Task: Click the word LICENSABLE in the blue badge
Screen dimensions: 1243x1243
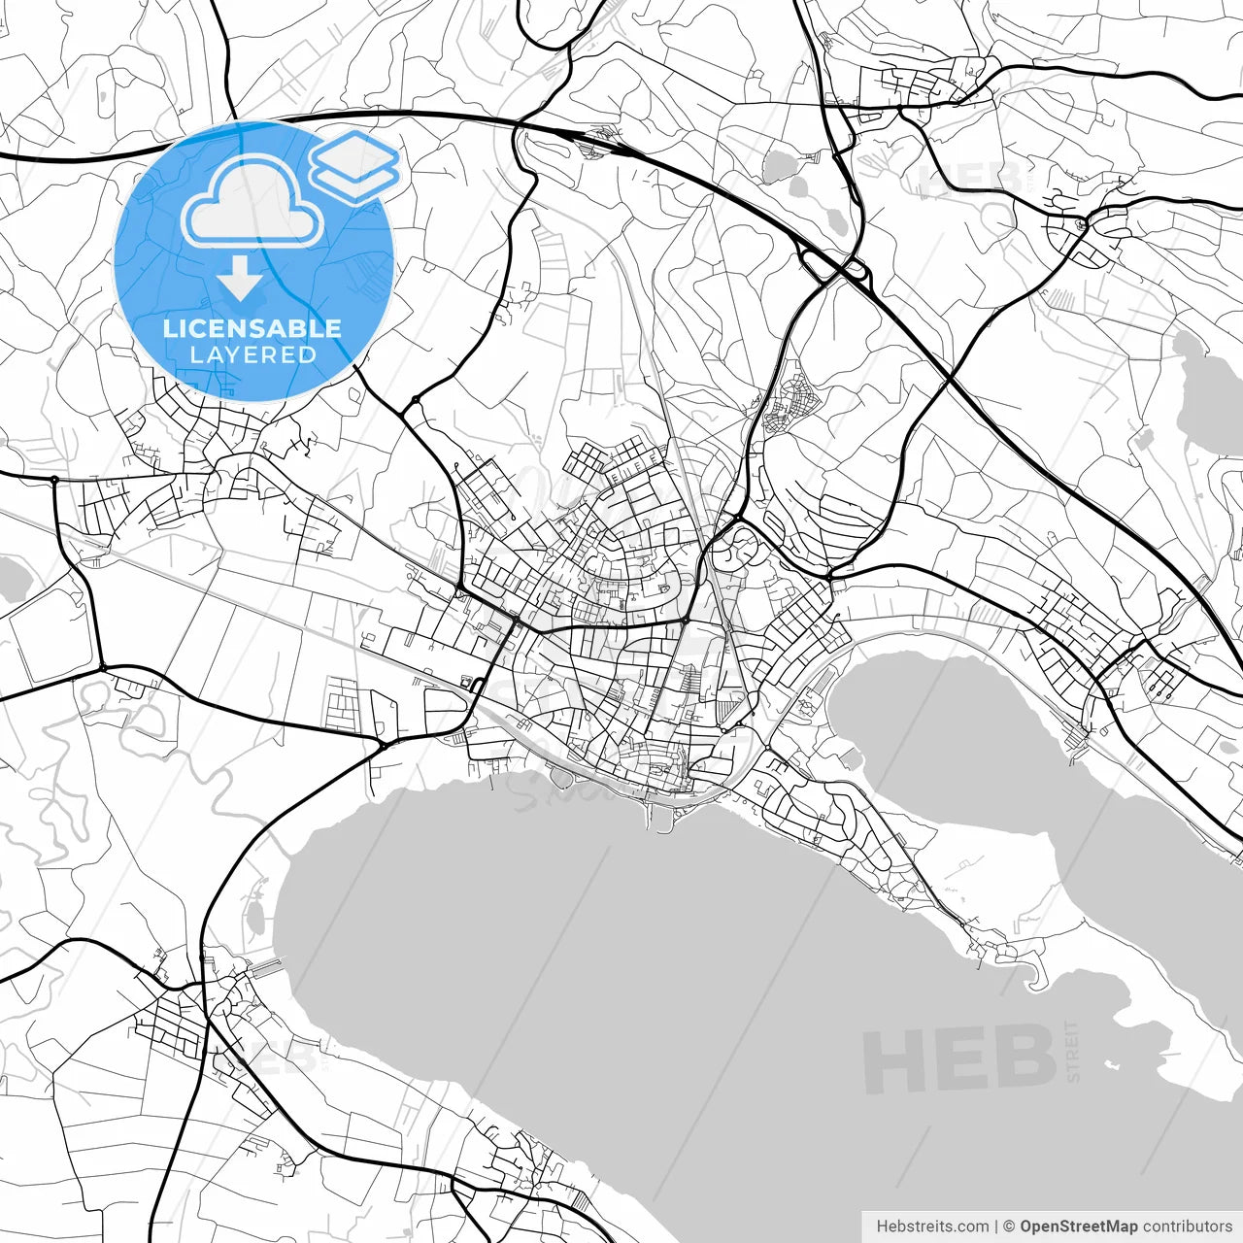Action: pyautogui.click(x=252, y=328)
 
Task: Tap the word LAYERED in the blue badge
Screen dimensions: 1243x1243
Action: pyautogui.click(x=252, y=355)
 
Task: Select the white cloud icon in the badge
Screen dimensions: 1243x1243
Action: pyautogui.click(x=253, y=202)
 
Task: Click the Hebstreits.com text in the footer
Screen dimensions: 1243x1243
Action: pyautogui.click(x=932, y=1226)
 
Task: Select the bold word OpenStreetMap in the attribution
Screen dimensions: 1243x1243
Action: pyautogui.click(x=1078, y=1226)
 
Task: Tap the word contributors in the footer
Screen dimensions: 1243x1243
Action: pyautogui.click(x=1187, y=1226)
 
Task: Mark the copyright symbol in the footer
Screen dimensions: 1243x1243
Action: pyautogui.click(x=1009, y=1226)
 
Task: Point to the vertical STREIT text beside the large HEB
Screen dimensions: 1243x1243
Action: pyautogui.click(x=1073, y=1051)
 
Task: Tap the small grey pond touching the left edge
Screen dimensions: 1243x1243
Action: pyautogui.click(x=10, y=580)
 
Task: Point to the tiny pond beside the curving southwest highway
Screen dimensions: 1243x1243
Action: pyautogui.click(x=254, y=913)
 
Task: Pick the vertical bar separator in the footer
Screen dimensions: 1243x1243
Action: pyautogui.click(x=996, y=1226)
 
